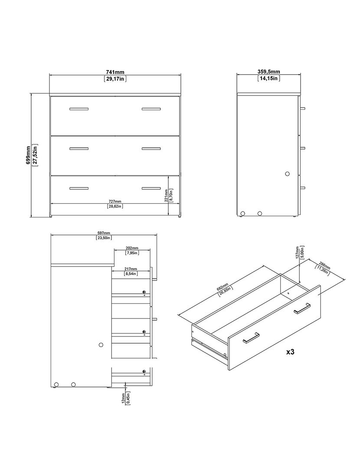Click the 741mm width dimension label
click(x=115, y=72)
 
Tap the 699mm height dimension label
click(x=28, y=155)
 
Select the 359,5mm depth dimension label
click(x=269, y=71)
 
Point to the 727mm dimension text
click(x=115, y=201)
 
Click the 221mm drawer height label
click(x=166, y=195)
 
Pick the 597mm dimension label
click(x=104, y=233)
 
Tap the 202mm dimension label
click(x=132, y=248)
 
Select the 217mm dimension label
click(x=131, y=269)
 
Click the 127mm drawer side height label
click(x=297, y=253)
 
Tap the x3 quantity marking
click(x=290, y=352)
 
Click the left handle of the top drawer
click(x=79, y=109)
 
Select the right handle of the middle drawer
click(x=151, y=149)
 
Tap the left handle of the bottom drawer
click(x=79, y=188)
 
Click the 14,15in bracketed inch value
click(x=269, y=78)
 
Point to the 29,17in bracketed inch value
click(x=115, y=79)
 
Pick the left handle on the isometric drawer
click(x=251, y=337)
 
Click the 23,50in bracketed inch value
click(x=104, y=238)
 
